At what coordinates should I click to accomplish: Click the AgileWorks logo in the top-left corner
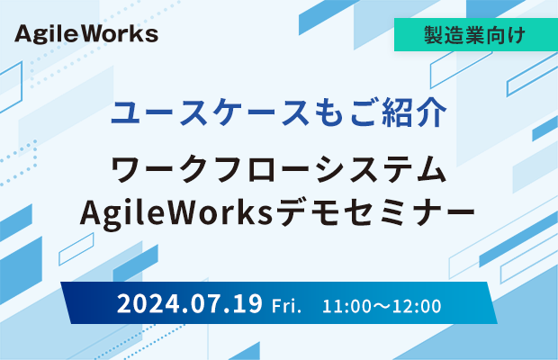[x=86, y=34]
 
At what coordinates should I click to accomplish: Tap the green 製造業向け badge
[x=476, y=34]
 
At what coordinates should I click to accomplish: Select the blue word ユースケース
[x=210, y=112]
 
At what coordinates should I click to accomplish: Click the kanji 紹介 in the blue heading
[x=414, y=112]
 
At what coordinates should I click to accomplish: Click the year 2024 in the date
[x=148, y=304]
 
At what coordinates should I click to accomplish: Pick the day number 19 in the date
[x=247, y=304]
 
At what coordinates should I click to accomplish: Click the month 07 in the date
[x=204, y=304]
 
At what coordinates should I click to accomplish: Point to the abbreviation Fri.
[x=286, y=306]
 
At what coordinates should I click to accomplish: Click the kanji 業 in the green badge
[x=475, y=34]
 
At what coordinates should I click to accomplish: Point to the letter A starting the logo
[x=23, y=34]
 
